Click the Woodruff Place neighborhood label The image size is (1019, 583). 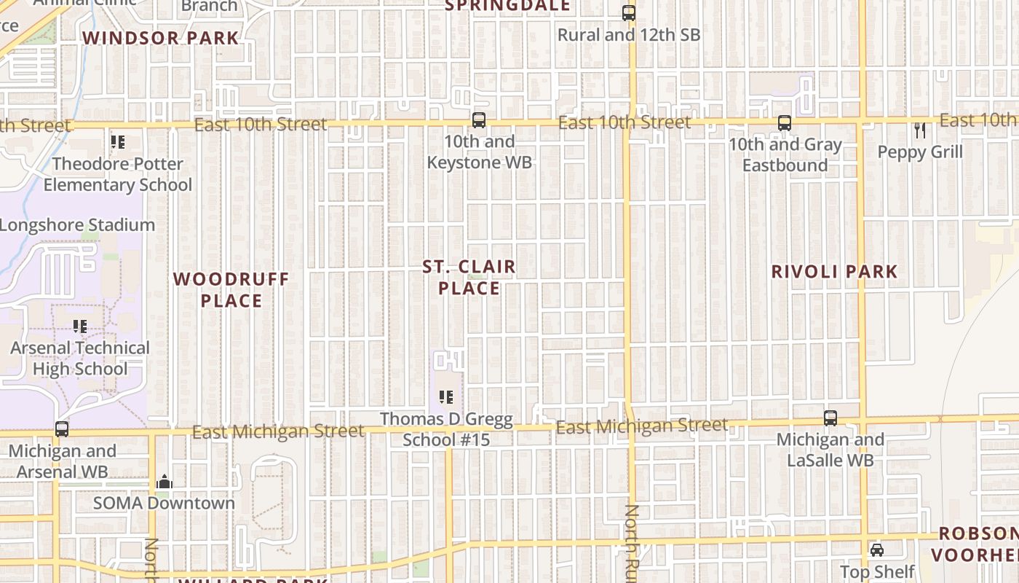pyautogui.click(x=231, y=289)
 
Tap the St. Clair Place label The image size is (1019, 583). pyautogui.click(x=469, y=278)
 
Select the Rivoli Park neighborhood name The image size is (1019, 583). pyautogui.click(x=834, y=272)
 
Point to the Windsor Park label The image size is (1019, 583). pyautogui.click(x=161, y=38)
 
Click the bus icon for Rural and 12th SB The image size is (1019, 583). pyautogui.click(x=628, y=13)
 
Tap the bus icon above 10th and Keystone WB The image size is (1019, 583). pyautogui.click(x=479, y=121)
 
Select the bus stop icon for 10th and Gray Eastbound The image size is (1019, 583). pyautogui.click(x=785, y=123)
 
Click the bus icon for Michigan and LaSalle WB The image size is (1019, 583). pyautogui.click(x=830, y=418)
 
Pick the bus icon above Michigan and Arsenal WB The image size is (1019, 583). pyautogui.click(x=62, y=429)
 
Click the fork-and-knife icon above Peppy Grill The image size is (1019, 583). pyautogui.click(x=920, y=130)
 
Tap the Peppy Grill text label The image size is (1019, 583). pyautogui.click(x=920, y=152)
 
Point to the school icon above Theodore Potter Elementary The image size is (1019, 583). pyautogui.click(x=117, y=142)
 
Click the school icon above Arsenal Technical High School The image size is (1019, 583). pyautogui.click(x=80, y=326)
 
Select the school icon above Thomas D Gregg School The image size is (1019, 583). pyautogui.click(x=446, y=397)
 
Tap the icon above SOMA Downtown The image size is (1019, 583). pyautogui.click(x=164, y=482)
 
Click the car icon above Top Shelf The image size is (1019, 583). pyautogui.click(x=877, y=549)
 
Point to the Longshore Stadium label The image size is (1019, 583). pyautogui.click(x=77, y=225)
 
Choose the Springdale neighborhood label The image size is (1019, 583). pyautogui.click(x=507, y=6)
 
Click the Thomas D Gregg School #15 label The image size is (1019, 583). pyautogui.click(x=447, y=430)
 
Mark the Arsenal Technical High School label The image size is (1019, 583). pyautogui.click(x=80, y=359)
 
